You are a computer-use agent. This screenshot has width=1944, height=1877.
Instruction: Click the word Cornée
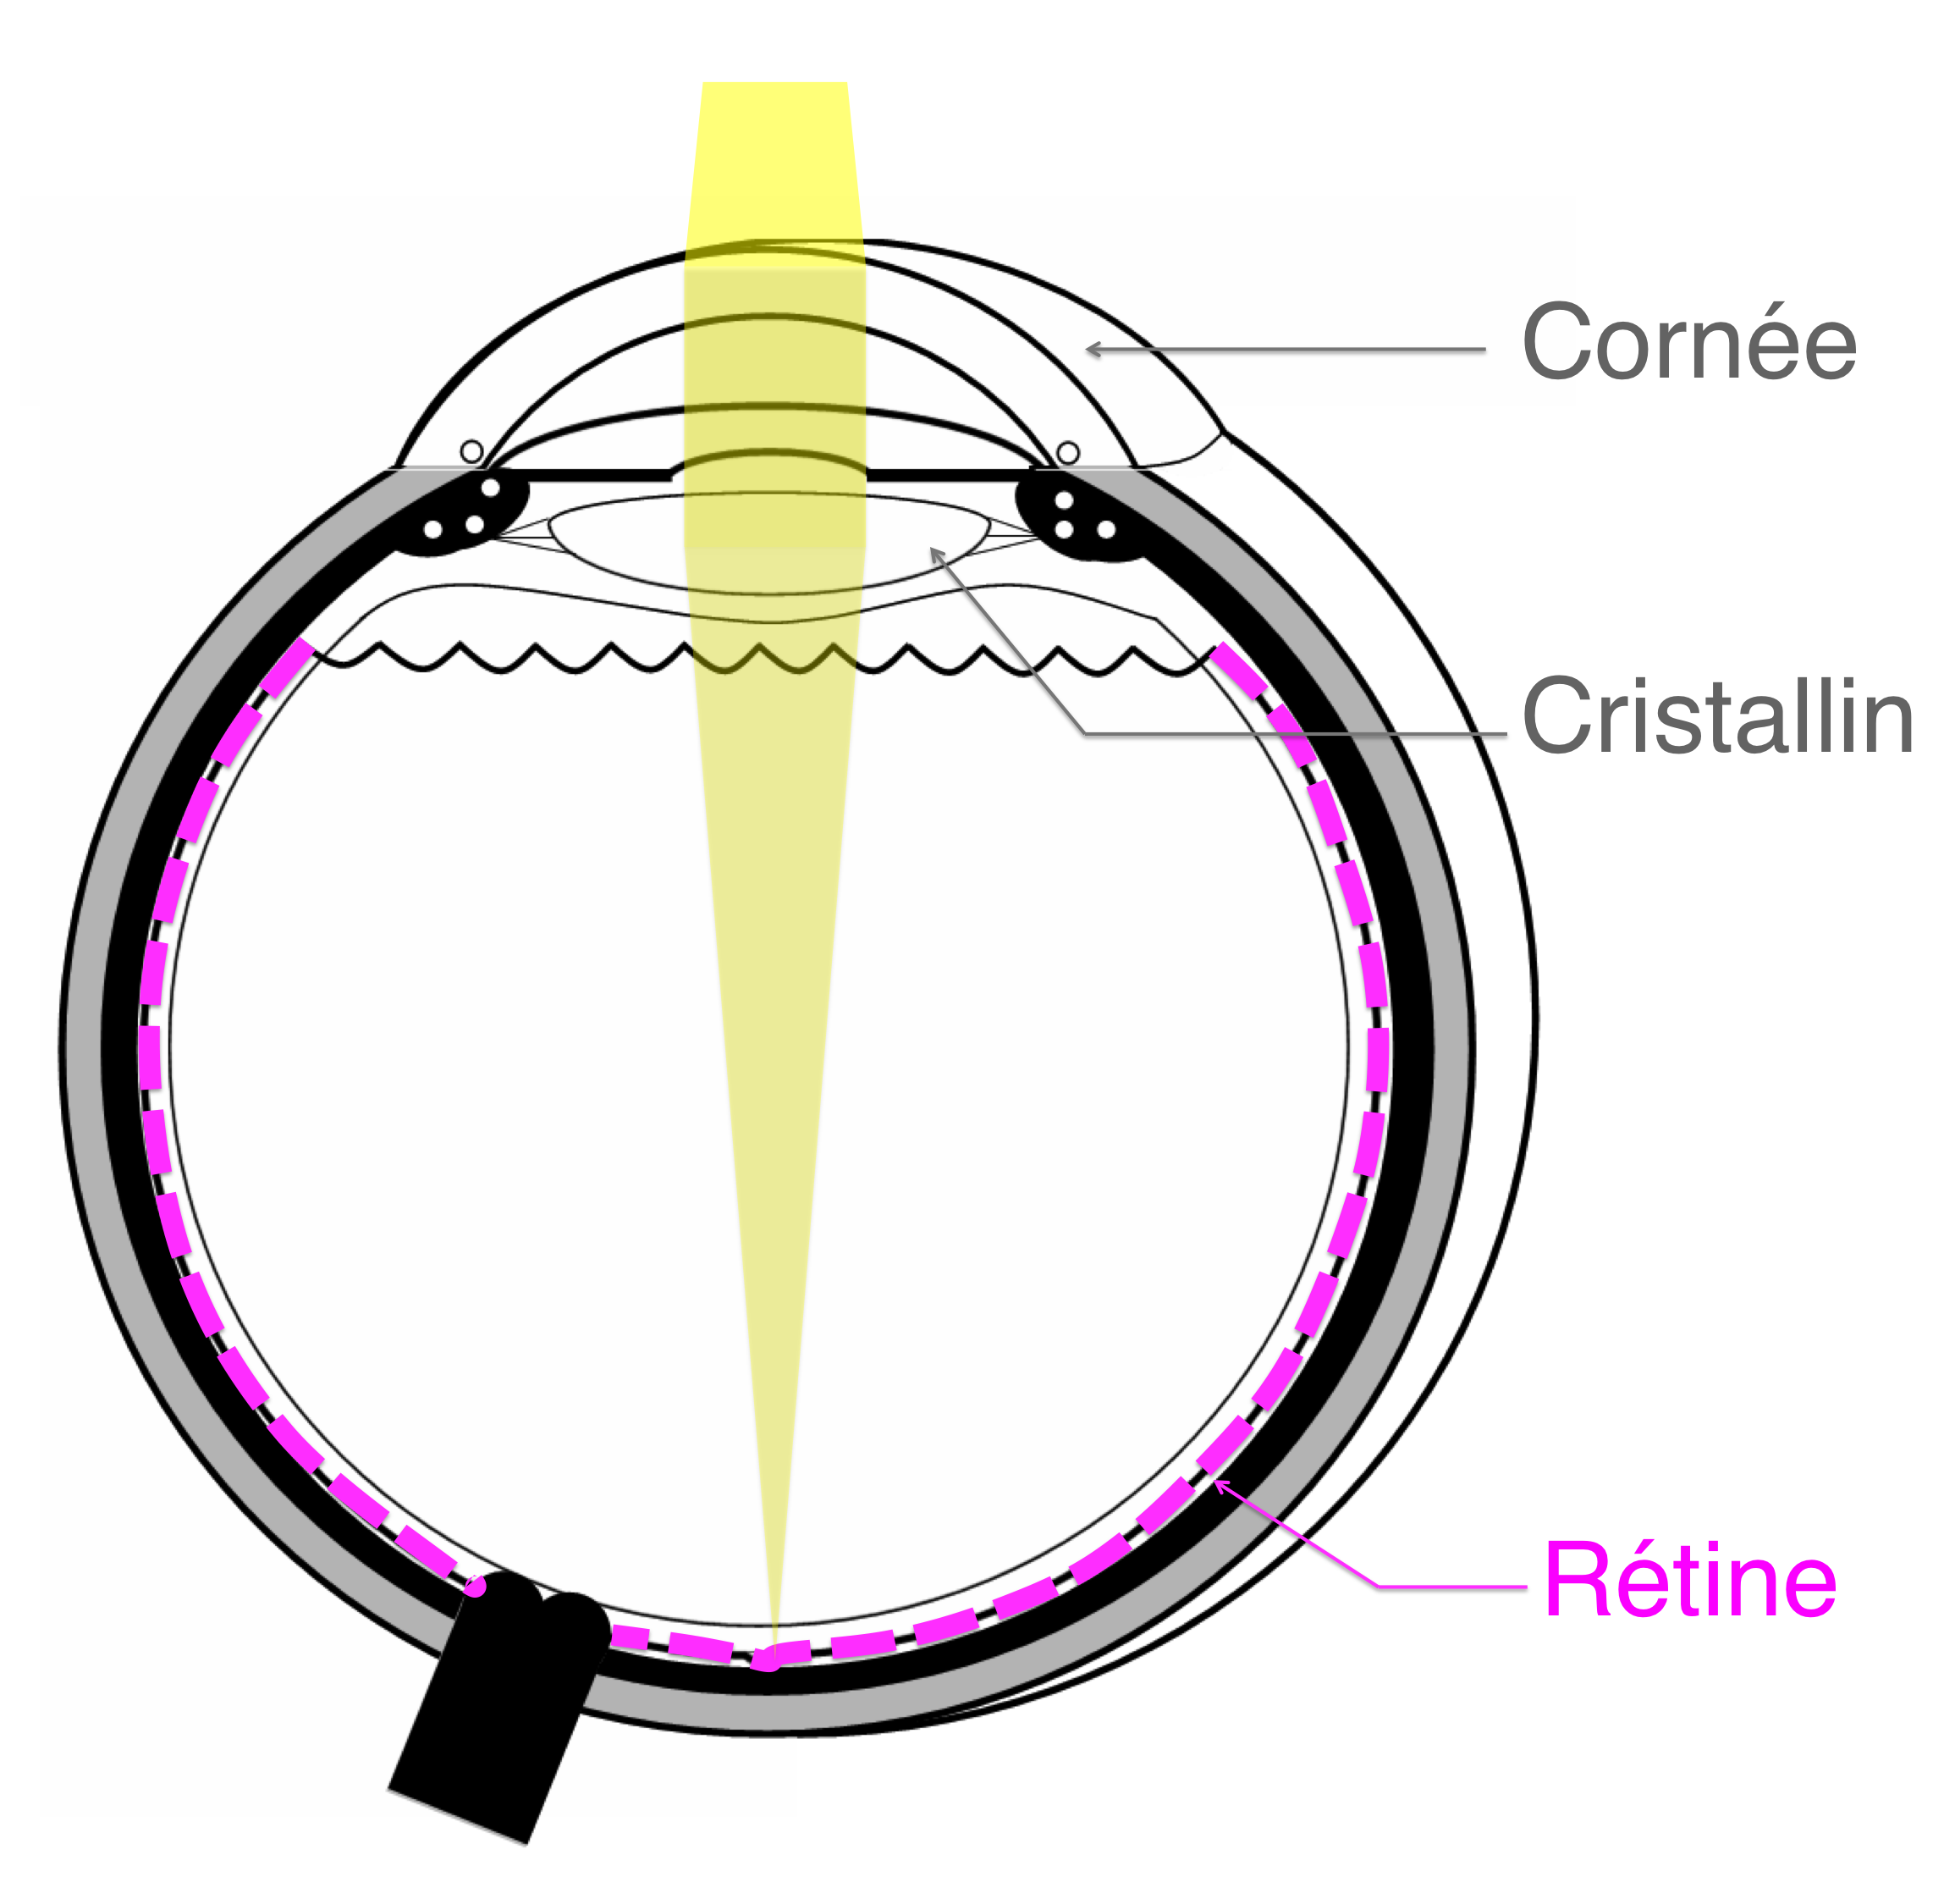pyautogui.click(x=1688, y=341)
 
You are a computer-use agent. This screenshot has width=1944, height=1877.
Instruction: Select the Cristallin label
pyautogui.click(x=1717, y=715)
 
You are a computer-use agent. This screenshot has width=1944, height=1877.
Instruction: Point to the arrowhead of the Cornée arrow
pyautogui.click(x=1093, y=348)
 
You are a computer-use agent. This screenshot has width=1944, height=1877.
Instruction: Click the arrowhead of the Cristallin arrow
pyautogui.click(x=935, y=554)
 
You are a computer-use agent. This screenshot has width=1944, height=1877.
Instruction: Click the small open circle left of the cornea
pyautogui.click(x=472, y=452)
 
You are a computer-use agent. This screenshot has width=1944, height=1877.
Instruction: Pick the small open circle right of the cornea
pyautogui.click(x=1067, y=454)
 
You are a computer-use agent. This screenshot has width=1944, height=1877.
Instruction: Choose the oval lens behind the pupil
pyautogui.click(x=768, y=544)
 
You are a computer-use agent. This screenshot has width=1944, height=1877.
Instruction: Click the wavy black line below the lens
pyautogui.click(x=762, y=658)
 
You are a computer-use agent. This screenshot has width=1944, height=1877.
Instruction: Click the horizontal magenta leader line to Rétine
pyautogui.click(x=1452, y=1587)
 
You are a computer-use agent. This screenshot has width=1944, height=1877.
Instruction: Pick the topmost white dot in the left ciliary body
pyautogui.click(x=490, y=489)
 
